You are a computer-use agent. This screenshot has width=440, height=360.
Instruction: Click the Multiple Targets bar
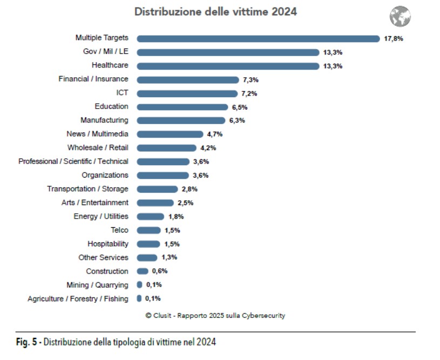(258, 38)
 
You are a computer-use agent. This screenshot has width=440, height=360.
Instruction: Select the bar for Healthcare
(228, 66)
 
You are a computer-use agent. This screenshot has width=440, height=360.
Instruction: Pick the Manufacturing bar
(181, 120)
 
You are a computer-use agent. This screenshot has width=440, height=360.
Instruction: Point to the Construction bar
(143, 271)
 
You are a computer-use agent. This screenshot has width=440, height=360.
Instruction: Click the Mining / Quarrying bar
(139, 284)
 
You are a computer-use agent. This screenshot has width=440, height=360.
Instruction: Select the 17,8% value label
(394, 39)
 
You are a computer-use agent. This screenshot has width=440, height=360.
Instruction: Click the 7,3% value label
(251, 80)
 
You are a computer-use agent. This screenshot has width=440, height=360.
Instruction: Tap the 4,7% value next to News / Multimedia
(215, 134)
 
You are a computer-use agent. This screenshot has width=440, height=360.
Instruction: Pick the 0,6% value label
(160, 271)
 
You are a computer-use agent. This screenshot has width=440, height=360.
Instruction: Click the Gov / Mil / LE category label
(106, 52)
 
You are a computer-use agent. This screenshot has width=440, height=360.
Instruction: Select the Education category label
(111, 106)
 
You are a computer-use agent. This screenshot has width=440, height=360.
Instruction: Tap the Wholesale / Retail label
(98, 147)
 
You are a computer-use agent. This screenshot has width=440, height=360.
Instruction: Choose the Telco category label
(119, 230)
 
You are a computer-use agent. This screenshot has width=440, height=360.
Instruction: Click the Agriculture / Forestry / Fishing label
(78, 298)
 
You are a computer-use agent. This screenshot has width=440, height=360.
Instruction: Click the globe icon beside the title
(400, 17)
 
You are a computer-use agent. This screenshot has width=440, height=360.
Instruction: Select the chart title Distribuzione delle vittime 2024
(215, 11)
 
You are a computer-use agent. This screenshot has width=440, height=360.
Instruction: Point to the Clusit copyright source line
(215, 316)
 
